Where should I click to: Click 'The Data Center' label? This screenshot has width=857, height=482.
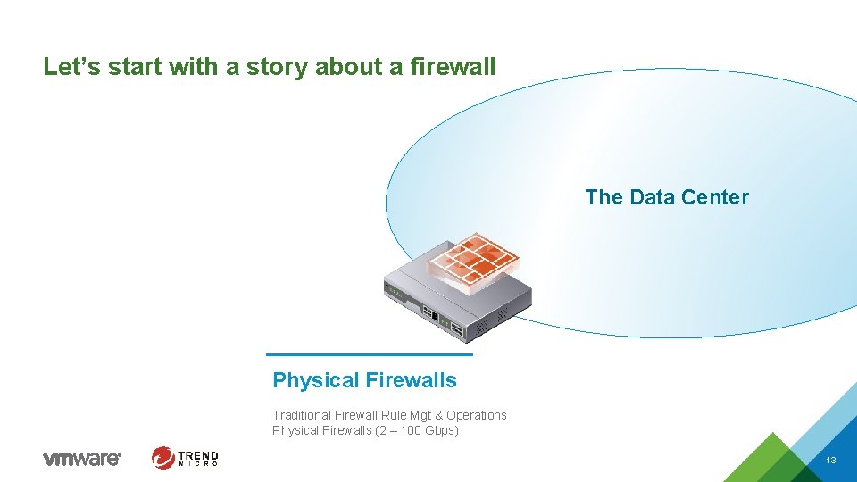[667, 197]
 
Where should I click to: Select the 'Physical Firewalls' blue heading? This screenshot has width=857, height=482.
[364, 380]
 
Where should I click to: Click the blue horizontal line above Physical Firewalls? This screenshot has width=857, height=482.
[370, 354]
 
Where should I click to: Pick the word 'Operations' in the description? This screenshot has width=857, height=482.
[477, 415]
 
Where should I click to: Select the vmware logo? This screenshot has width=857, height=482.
[81, 458]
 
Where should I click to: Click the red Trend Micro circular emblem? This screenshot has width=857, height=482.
[163, 458]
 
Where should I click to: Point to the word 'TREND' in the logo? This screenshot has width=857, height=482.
[198, 454]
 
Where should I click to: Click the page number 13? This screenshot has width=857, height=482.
[831, 461]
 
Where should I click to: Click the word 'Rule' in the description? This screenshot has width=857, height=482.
[393, 415]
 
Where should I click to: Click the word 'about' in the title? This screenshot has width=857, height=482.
[345, 66]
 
